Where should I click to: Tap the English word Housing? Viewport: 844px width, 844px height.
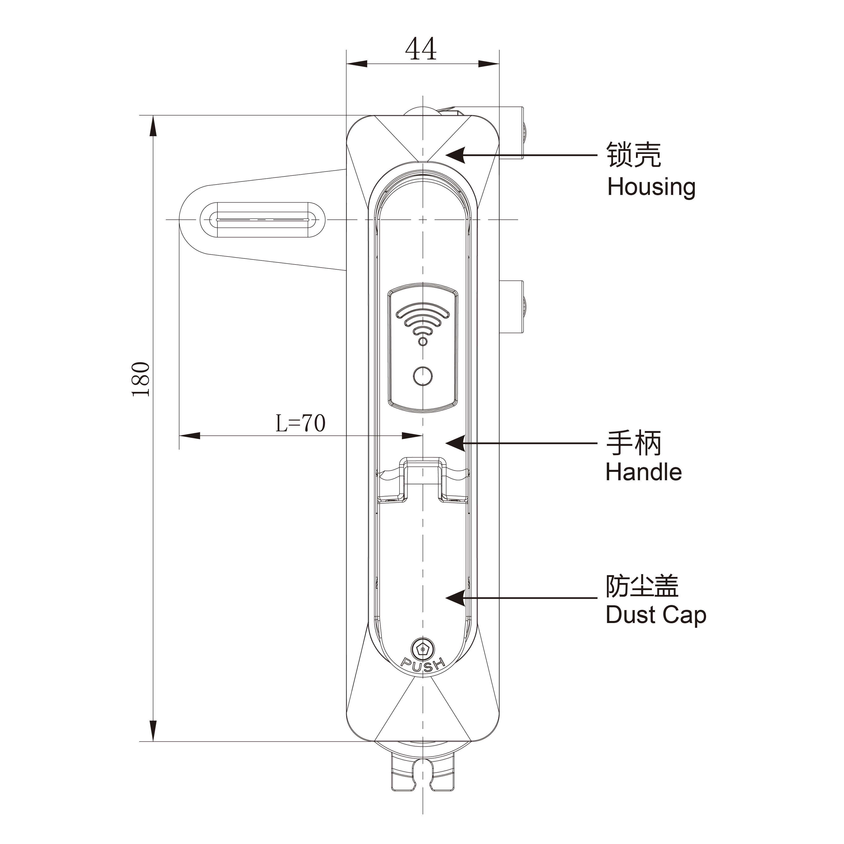click(x=651, y=187)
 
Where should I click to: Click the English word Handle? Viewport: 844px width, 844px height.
click(x=644, y=472)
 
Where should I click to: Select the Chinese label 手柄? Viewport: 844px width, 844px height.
click(x=633, y=443)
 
